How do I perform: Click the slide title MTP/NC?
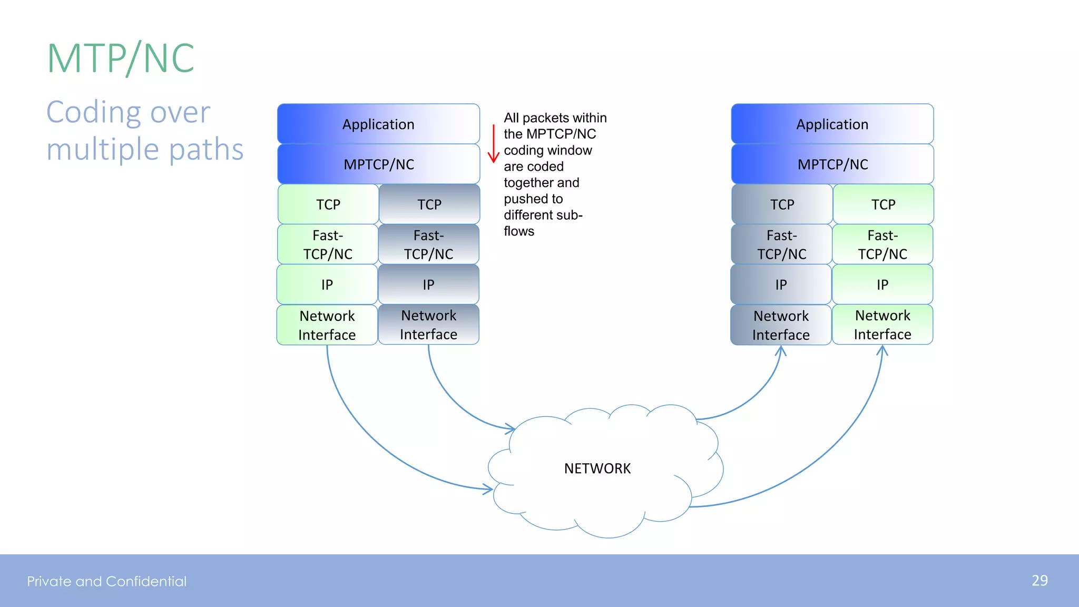pos(121,58)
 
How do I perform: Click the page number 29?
pos(1039,581)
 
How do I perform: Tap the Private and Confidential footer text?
pos(107,581)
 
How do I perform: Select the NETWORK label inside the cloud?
pos(597,468)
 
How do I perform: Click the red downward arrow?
pos(493,144)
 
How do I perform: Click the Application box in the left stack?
pos(378,124)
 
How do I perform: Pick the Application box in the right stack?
pos(832,124)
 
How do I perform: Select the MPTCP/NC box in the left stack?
pos(378,164)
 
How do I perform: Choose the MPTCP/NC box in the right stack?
pos(832,164)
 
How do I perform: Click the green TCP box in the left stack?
pos(328,204)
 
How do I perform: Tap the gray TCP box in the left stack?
pos(429,204)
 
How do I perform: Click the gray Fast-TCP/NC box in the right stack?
pos(781,244)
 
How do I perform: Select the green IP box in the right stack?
pos(882,285)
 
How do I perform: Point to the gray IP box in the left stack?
pos(428,285)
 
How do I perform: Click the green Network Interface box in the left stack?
pos(327,325)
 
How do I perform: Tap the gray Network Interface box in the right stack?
pos(781,325)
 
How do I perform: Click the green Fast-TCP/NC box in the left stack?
pos(328,244)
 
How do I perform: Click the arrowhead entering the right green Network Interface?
pos(882,350)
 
